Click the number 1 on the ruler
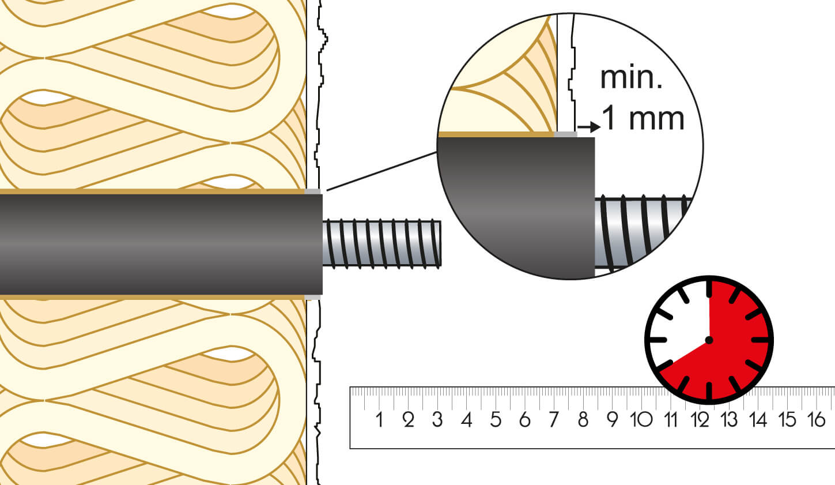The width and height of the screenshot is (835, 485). point(379,419)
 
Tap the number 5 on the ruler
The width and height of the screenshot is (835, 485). point(496,419)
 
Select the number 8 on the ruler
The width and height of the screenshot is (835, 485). point(583,419)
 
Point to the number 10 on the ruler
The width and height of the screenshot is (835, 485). point(641,419)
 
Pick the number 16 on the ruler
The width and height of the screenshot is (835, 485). point(816,419)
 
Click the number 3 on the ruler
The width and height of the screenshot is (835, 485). point(437,419)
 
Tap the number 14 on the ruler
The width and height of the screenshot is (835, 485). point(758,419)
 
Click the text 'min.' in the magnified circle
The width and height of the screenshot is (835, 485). point(631,78)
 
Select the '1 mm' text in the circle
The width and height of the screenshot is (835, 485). point(643,118)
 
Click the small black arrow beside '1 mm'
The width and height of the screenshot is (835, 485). point(588,127)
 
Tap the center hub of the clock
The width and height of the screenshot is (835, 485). point(709,340)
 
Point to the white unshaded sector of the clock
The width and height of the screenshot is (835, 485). point(680,323)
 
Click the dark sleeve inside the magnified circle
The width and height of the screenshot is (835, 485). point(516,208)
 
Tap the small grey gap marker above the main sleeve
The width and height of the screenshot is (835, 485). point(312,191)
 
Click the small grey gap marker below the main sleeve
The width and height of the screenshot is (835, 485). point(312,297)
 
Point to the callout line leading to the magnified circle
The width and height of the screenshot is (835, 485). point(380,171)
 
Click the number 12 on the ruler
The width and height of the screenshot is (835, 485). point(700,419)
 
